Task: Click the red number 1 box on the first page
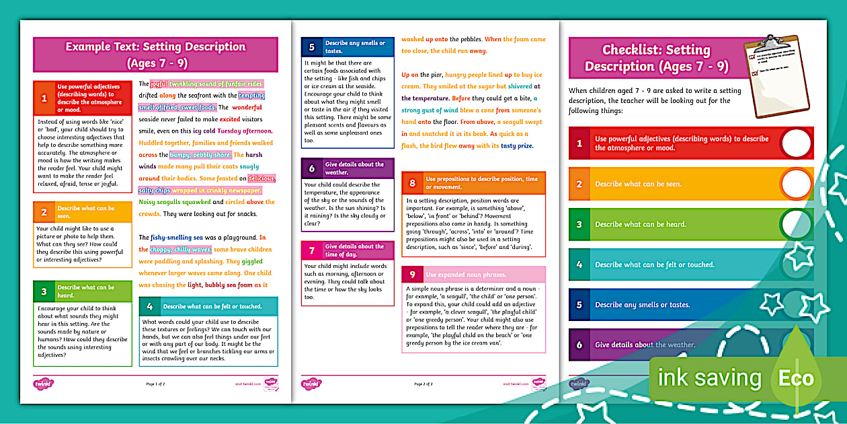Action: click(44, 98)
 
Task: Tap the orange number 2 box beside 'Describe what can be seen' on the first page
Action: click(44, 212)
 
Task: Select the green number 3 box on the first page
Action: click(44, 291)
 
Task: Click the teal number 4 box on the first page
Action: click(149, 306)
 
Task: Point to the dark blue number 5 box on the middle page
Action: click(311, 47)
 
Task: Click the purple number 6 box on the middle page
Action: click(311, 168)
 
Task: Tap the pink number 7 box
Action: click(311, 250)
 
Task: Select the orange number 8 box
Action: click(412, 183)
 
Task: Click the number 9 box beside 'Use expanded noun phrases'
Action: click(412, 275)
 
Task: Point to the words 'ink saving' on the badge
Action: click(709, 378)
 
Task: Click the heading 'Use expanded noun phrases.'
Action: click(466, 275)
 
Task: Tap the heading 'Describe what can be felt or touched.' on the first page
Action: click(212, 306)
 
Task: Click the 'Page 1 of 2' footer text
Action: click(156, 384)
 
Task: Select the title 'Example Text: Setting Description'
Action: click(155, 47)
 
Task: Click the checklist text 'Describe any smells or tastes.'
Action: click(642, 305)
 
